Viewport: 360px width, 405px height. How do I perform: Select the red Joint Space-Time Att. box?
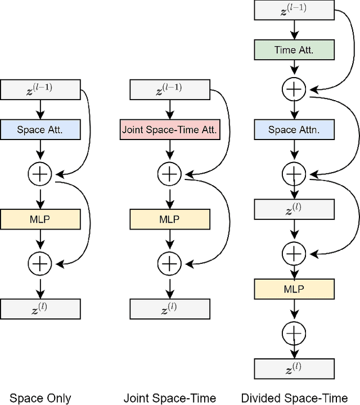coord(169,130)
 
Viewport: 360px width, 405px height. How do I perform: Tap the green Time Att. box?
coord(294,50)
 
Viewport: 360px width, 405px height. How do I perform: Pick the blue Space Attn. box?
coord(294,130)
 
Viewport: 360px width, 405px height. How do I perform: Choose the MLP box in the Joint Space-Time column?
coord(169,219)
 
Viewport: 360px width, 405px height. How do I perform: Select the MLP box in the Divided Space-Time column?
coord(294,289)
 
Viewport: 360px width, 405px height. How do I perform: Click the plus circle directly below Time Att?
coord(294,89)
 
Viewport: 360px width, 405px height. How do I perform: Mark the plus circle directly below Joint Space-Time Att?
coord(169,174)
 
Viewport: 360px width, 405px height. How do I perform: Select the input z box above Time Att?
coord(294,10)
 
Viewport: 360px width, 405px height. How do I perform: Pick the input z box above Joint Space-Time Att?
coord(169,89)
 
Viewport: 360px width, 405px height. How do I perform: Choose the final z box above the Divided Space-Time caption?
coord(294,369)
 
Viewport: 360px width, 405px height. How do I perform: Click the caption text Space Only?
coord(40,398)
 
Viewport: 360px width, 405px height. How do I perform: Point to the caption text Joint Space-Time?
coord(169,398)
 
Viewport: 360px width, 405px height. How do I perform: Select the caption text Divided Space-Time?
coord(294,398)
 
